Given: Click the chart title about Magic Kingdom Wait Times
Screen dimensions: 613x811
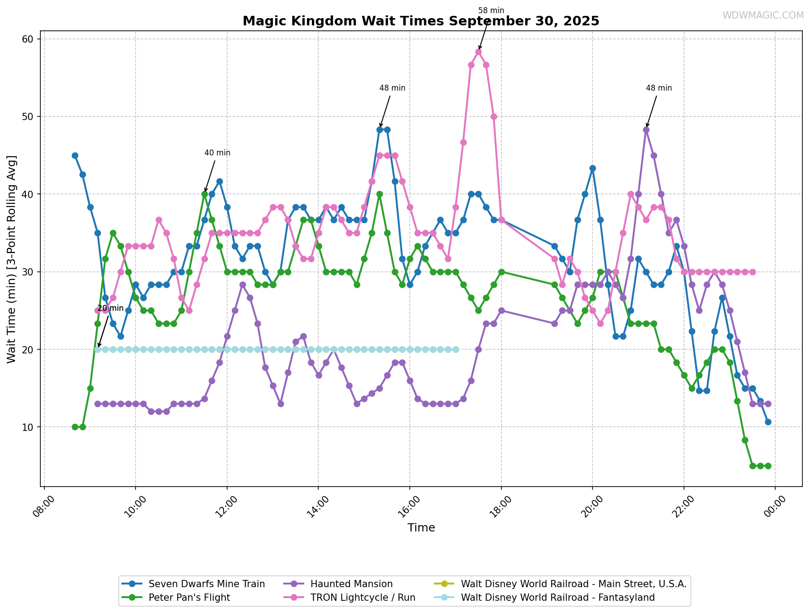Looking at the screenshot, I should click(421, 21).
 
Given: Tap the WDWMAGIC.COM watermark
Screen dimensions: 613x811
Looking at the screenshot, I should click(763, 15).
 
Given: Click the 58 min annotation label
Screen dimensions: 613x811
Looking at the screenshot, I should click(491, 11).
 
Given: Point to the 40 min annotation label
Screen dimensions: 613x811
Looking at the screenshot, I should click(217, 153).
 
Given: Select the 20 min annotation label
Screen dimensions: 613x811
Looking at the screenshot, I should click(110, 309).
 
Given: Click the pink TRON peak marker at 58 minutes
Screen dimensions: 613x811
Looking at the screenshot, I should click(478, 52).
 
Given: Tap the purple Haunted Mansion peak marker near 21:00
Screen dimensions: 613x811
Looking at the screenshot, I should click(646, 130).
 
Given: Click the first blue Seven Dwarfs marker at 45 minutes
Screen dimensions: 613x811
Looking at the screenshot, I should click(75, 155).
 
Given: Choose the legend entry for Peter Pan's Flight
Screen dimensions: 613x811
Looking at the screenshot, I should click(189, 598).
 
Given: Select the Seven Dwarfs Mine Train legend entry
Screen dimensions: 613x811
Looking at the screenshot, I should click(206, 584).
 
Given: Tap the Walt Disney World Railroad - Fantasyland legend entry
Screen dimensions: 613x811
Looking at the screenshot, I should click(557, 598).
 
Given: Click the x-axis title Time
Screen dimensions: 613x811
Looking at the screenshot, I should click(421, 528).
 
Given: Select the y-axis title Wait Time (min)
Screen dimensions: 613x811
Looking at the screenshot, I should click(12, 259).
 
